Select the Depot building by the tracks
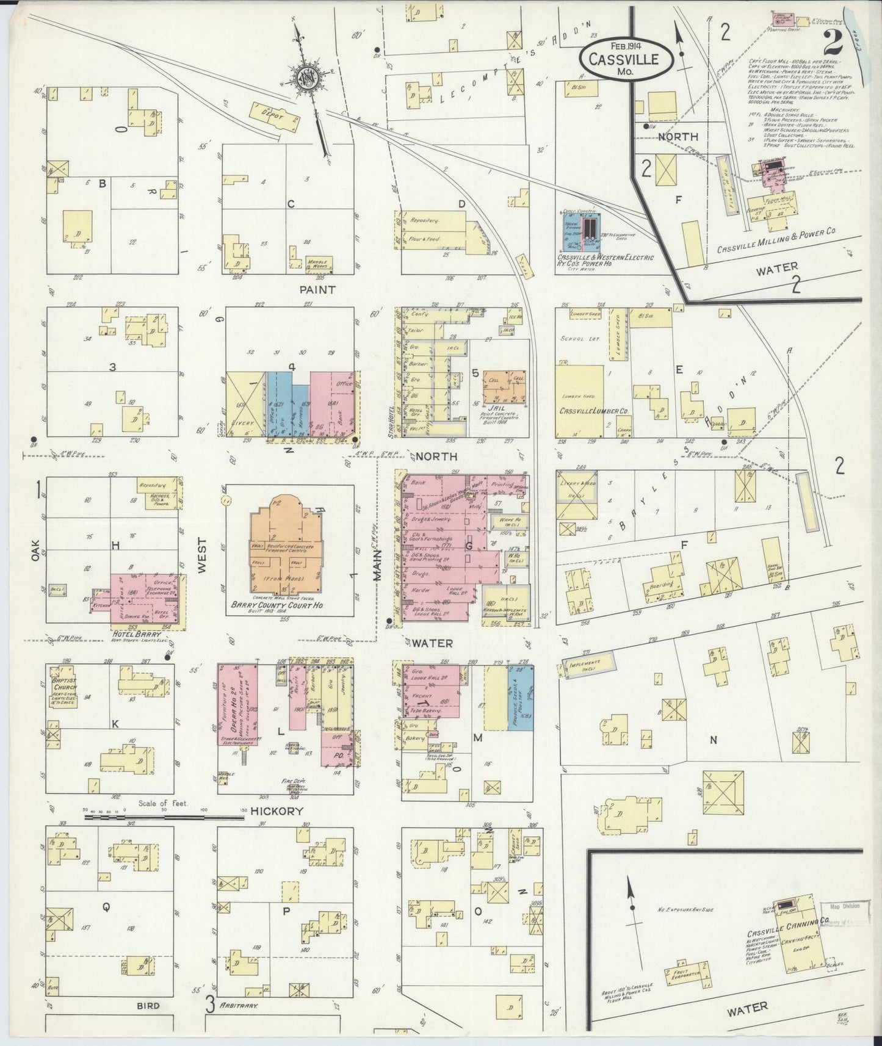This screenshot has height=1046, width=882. tap(275, 115)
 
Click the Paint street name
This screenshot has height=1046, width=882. tap(317, 289)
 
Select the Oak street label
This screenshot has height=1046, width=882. tap(34, 551)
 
